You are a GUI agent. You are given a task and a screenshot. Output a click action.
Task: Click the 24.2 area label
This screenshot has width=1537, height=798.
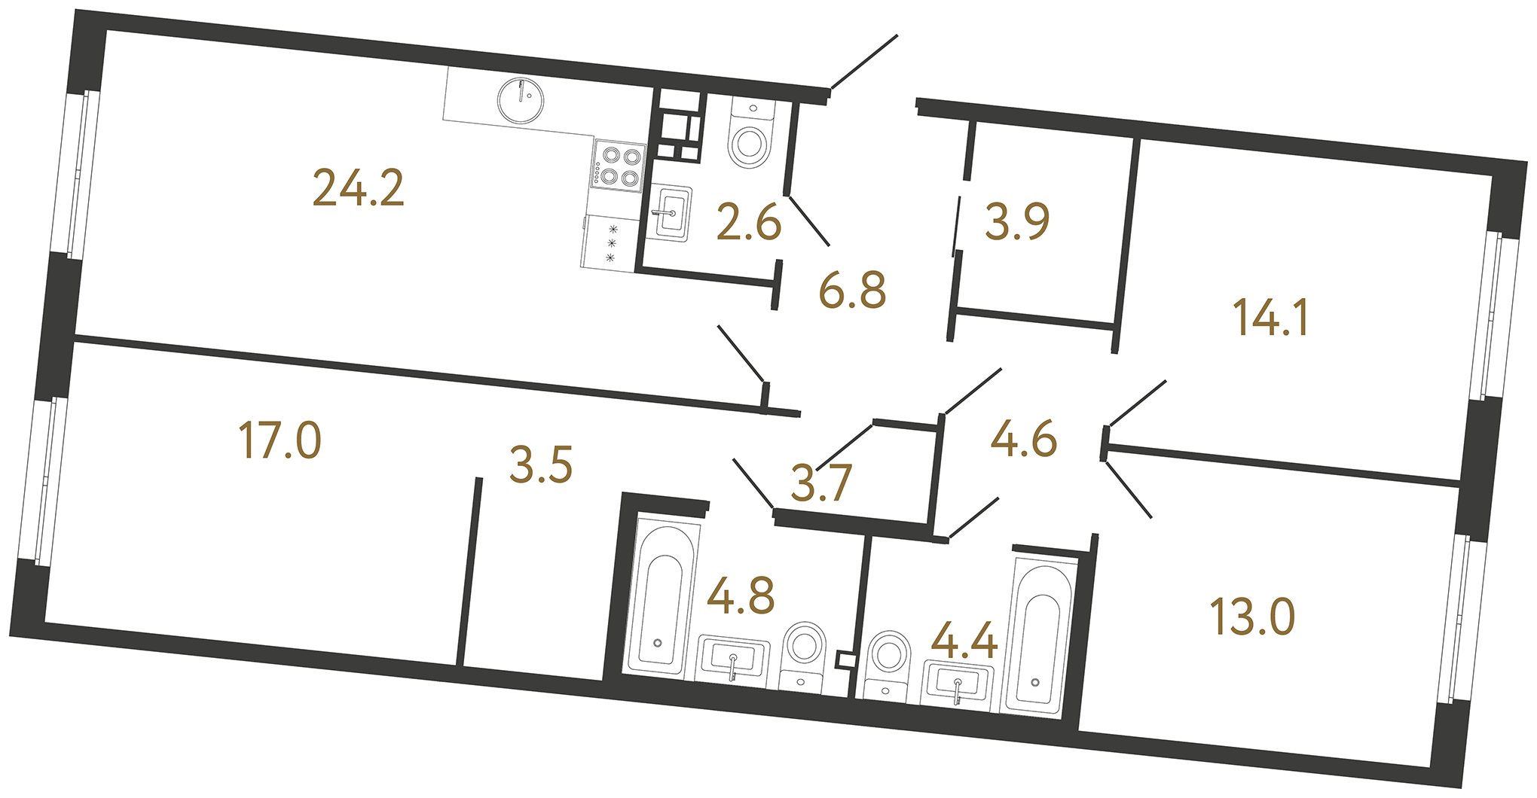click(x=359, y=188)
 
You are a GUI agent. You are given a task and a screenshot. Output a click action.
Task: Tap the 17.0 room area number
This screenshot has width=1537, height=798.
click(x=280, y=440)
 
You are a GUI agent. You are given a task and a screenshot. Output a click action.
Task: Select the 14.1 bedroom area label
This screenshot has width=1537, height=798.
click(x=1271, y=318)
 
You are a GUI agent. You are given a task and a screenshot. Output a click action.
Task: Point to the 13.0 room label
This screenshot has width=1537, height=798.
click(x=1252, y=617)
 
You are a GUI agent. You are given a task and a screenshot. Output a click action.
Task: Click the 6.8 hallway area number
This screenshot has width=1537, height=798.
click(x=852, y=291)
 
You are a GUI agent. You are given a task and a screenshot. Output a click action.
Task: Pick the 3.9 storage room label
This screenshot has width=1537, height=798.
click(x=1017, y=222)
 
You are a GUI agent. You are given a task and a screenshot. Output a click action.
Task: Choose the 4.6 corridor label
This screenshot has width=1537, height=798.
click(x=1023, y=439)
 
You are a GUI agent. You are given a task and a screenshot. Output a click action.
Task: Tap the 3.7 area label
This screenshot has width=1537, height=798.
click(x=821, y=483)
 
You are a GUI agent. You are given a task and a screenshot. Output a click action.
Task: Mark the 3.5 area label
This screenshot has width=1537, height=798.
click(x=541, y=465)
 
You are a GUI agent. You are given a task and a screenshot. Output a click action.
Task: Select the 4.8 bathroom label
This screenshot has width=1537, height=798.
click(x=741, y=596)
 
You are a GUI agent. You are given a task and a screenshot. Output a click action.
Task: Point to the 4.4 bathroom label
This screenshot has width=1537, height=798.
click(x=964, y=641)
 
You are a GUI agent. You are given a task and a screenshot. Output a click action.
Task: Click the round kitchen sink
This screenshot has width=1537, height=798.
click(x=521, y=100)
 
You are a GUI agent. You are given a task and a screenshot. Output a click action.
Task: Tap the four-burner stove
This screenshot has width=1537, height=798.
click(x=618, y=166)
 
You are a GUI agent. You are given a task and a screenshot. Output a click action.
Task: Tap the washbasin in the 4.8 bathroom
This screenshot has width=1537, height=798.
click(x=732, y=660)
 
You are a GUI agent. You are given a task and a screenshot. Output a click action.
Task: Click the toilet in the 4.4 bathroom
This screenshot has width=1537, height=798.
click(x=889, y=662)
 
